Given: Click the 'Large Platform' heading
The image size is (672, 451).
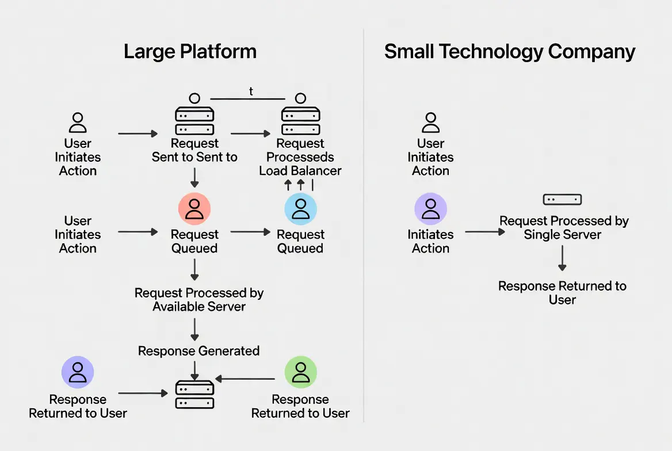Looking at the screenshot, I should [x=190, y=52].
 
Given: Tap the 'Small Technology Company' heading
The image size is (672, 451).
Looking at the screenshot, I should [x=509, y=52].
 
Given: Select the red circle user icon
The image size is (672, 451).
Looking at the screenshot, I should [x=194, y=208].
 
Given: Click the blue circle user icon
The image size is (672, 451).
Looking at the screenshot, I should [x=300, y=208].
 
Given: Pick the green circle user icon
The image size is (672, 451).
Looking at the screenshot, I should [x=300, y=372].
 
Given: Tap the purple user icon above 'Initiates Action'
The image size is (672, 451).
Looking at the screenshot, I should [x=430, y=208].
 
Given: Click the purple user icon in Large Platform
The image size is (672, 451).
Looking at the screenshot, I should [x=78, y=372].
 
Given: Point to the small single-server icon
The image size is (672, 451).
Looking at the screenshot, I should [x=562, y=200].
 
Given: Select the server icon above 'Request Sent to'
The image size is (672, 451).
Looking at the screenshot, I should [x=194, y=120].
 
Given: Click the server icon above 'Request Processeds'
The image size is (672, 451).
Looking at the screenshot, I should [x=300, y=120].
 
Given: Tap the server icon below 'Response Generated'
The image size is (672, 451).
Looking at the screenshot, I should [x=194, y=395].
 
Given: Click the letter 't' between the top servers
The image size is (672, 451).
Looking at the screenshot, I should [x=251, y=91].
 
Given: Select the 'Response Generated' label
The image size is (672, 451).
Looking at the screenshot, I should [x=198, y=351].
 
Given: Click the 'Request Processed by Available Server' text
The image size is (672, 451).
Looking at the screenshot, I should [x=199, y=300].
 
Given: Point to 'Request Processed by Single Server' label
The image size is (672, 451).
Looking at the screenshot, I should [x=563, y=228].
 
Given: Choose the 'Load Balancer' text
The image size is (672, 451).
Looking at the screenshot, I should [x=300, y=171].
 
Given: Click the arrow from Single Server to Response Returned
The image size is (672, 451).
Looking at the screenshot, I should [x=562, y=259].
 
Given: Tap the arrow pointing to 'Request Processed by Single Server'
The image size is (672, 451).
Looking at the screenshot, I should [x=484, y=232].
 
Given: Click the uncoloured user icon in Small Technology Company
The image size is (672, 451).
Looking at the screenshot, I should [x=430, y=123].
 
